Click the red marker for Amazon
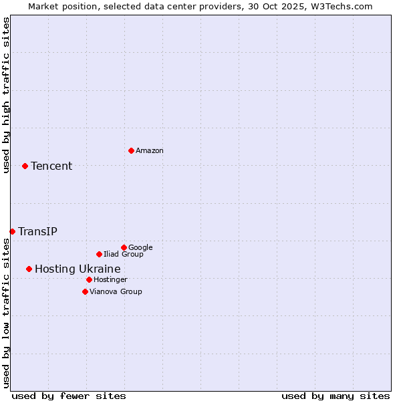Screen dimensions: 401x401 point(131,150)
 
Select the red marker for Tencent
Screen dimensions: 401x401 point(25,166)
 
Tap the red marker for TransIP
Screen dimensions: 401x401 point(12,231)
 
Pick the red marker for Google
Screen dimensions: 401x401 point(124,247)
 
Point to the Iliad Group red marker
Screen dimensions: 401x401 point(99,254)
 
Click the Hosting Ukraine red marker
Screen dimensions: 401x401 point(29,269)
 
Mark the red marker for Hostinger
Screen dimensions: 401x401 point(89,279)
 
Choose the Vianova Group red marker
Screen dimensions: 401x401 point(85,291)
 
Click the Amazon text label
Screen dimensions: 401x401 point(150,150)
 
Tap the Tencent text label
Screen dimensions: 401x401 point(51,166)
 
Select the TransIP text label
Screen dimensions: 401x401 point(37,231)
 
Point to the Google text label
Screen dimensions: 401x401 point(140,247)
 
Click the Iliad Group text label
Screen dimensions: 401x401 point(124,254)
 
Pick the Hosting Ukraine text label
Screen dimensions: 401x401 point(78,269)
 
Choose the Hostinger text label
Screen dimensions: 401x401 point(110,279)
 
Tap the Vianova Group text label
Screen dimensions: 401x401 point(116,291)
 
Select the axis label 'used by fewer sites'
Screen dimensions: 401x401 point(69,396)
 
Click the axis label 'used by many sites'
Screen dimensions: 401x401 point(336,396)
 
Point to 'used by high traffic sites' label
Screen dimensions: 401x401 point(6,95)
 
